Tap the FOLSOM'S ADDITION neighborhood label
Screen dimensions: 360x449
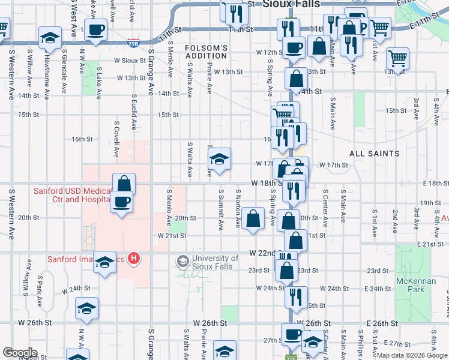206,52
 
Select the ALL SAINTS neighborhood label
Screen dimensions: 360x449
375,154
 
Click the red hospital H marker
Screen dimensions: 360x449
134,259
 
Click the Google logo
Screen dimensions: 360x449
20,353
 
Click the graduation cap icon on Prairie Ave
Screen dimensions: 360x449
220,159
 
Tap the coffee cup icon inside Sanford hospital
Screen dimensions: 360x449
122,200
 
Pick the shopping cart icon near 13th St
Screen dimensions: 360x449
397,59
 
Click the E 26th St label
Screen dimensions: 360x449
378,323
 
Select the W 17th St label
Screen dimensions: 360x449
334,164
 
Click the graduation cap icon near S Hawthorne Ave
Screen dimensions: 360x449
50,38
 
